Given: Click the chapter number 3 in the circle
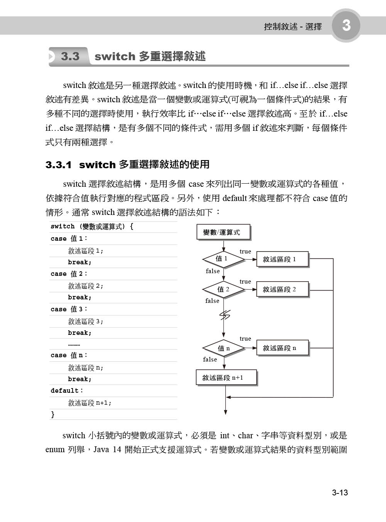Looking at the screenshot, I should point(346,25).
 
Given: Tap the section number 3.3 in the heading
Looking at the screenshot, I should point(70,57).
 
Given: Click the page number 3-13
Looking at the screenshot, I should point(340,493).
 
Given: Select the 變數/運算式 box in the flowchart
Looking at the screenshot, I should point(223,232).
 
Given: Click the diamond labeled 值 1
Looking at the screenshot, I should point(223,259).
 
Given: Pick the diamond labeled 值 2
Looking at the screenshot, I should point(223,289).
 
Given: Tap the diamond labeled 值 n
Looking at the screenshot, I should point(223,348).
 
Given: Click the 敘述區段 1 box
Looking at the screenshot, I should point(282,259).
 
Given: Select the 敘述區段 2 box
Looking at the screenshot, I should point(282,289).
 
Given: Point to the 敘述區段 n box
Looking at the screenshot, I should point(282,348).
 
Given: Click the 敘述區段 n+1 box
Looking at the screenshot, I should point(226,378).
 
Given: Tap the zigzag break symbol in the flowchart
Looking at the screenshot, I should point(224,315).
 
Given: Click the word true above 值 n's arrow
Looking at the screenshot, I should point(245,339).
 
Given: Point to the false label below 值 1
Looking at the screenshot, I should point(213,271).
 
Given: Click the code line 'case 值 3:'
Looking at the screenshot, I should point(69,309).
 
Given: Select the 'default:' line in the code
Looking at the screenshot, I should point(67,391).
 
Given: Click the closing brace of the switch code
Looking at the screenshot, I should point(53,415).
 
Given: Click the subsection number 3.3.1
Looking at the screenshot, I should point(59,165).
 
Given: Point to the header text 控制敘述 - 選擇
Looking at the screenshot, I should point(293,27).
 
